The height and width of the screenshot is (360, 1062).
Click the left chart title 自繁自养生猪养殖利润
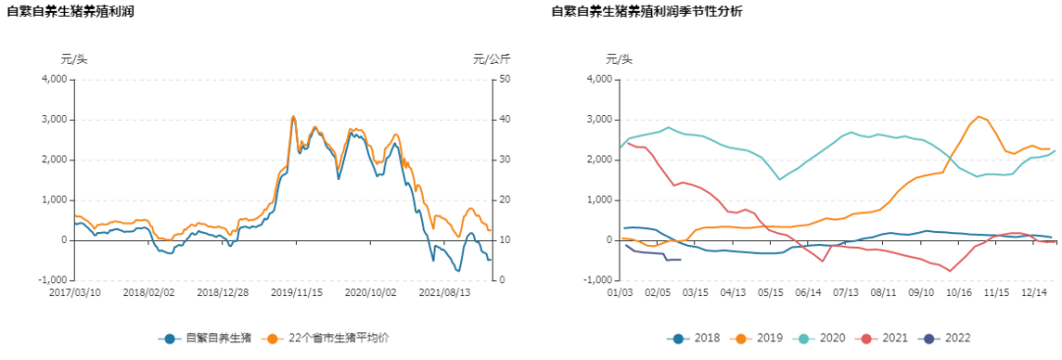pyautogui.click(x=71, y=13)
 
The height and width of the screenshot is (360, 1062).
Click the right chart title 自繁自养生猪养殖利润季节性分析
pyautogui.click(x=647, y=13)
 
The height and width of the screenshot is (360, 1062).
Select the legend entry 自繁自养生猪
pyautogui.click(x=205, y=338)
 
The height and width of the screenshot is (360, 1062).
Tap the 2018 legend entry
pyautogui.click(x=696, y=338)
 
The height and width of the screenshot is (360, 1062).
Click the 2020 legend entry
pyautogui.click(x=820, y=338)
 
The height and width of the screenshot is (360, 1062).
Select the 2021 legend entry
pyautogui.click(x=882, y=338)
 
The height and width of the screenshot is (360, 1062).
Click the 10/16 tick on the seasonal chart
pyautogui.click(x=959, y=292)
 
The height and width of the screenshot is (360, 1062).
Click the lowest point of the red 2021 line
pyautogui.click(x=950, y=270)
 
